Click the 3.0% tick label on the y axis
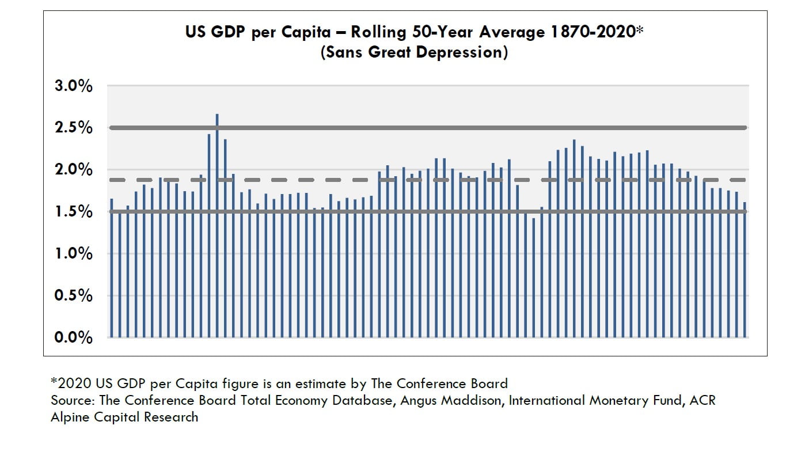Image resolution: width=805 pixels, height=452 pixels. pyautogui.click(x=73, y=86)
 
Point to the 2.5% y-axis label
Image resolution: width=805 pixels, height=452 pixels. pyautogui.click(x=73, y=128)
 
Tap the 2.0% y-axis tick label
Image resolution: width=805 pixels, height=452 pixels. pyautogui.click(x=73, y=170)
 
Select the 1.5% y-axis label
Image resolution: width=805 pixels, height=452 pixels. pyautogui.click(x=73, y=212)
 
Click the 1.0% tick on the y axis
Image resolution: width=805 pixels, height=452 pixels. pyautogui.click(x=73, y=253)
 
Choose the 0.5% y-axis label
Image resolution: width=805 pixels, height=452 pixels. pyautogui.click(x=73, y=295)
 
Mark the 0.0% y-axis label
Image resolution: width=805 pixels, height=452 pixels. pyautogui.click(x=73, y=337)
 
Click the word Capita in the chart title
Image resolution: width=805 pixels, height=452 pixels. pyautogui.click(x=305, y=32)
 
